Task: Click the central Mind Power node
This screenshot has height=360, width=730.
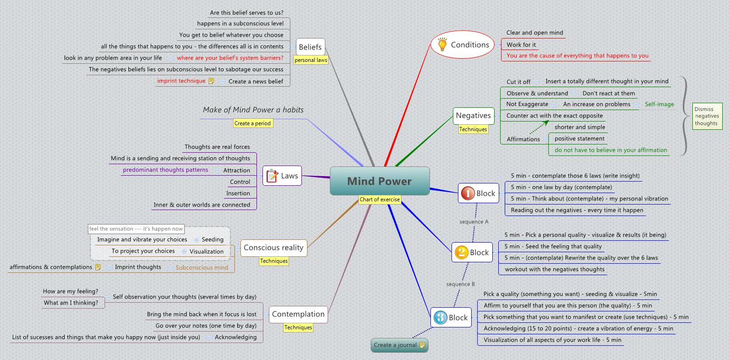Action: click(x=379, y=181)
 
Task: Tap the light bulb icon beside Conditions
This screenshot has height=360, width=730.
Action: click(x=442, y=44)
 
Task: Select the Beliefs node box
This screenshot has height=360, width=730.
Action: click(x=310, y=47)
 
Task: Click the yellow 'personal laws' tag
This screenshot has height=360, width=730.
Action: click(x=311, y=60)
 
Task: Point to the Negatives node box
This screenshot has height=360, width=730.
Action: click(x=473, y=116)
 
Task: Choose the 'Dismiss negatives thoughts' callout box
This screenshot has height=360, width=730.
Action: click(x=707, y=116)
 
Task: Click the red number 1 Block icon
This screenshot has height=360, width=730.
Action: click(x=468, y=194)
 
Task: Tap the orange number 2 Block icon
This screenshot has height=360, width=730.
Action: click(x=461, y=252)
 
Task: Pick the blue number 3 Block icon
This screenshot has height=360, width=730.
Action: click(x=440, y=317)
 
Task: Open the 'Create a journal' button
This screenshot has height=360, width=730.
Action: click(x=399, y=345)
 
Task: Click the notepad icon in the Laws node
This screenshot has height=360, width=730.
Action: click(x=272, y=176)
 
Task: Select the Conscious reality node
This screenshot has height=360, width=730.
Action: click(x=273, y=248)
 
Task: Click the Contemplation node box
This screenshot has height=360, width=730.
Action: click(x=298, y=314)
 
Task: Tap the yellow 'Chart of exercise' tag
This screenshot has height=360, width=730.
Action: click(x=379, y=199)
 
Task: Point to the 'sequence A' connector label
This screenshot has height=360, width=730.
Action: click(x=474, y=222)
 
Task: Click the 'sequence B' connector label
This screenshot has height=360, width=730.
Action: click(x=461, y=284)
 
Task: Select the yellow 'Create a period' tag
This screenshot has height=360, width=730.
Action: click(x=252, y=123)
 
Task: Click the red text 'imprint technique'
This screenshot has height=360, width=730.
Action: click(x=181, y=81)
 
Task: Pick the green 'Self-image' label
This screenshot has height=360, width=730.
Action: click(x=659, y=104)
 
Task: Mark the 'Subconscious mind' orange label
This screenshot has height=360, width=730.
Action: click(x=202, y=267)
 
